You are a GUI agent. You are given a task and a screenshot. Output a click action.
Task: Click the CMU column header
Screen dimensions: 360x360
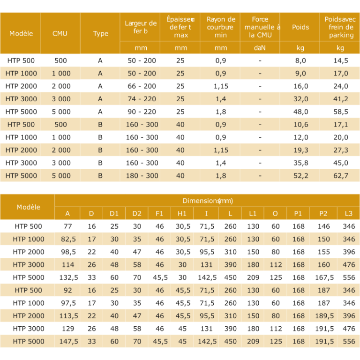pyautogui.click(x=60, y=34)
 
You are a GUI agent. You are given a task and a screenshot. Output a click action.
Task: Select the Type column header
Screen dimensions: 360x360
pyautogui.click(x=100, y=34)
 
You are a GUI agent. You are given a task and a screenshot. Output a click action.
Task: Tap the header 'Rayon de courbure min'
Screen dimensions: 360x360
pyautogui.click(x=221, y=27)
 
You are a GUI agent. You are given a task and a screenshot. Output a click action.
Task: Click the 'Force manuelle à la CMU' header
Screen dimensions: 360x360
pyautogui.click(x=260, y=27)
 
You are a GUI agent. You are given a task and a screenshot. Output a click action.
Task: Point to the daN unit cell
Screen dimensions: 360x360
pyautogui.click(x=260, y=48)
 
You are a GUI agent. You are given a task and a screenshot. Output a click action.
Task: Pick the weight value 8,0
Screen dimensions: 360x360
pyautogui.click(x=300, y=60)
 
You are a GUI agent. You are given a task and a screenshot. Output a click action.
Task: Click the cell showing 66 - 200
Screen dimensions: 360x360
pyautogui.click(x=142, y=86)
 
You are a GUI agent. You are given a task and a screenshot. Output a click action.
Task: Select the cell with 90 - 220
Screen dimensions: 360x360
pyautogui.click(x=142, y=112)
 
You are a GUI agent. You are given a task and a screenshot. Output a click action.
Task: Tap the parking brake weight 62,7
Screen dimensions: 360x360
pyautogui.click(x=340, y=176)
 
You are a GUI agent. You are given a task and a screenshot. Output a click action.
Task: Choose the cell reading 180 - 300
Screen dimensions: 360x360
pyautogui.click(x=142, y=176)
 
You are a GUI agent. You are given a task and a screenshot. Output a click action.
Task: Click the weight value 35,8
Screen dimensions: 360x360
pyautogui.click(x=300, y=163)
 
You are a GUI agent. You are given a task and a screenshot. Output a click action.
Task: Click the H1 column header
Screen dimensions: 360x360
pyautogui.click(x=182, y=214)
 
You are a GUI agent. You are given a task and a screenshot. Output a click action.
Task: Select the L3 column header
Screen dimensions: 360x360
pyautogui.click(x=348, y=214)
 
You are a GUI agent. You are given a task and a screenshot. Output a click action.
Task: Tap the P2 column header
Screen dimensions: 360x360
pyautogui.click(x=323, y=214)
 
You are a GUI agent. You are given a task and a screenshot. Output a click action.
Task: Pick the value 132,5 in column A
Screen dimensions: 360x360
pyautogui.click(x=68, y=277)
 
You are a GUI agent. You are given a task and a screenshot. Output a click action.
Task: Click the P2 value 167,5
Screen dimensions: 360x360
pyautogui.click(x=323, y=277)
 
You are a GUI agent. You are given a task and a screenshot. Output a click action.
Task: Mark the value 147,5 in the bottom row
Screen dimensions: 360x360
pyautogui.click(x=68, y=342)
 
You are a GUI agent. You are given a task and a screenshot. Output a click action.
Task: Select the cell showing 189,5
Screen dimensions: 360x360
pyautogui.click(x=323, y=316)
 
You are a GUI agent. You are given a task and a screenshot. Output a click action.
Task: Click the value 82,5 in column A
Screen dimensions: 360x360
pyautogui.click(x=68, y=239)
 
